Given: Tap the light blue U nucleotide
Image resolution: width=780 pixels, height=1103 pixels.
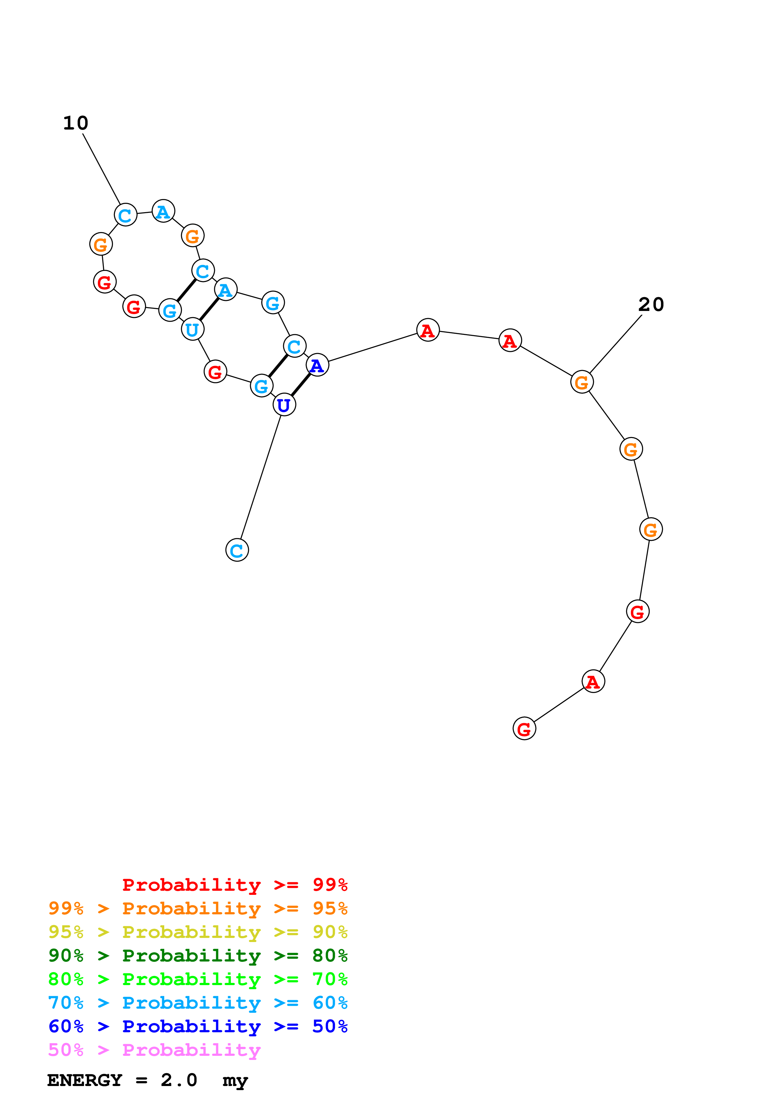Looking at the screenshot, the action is [192, 329].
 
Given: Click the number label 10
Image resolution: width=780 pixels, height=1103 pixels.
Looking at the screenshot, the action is [76, 123].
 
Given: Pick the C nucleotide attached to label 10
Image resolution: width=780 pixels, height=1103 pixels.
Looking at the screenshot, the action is [126, 215].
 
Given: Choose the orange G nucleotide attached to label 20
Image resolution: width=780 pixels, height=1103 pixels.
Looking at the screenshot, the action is [581, 382].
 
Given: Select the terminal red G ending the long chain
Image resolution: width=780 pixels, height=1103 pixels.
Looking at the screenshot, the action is [524, 729].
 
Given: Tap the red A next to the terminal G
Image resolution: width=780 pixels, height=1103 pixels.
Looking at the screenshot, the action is [593, 681].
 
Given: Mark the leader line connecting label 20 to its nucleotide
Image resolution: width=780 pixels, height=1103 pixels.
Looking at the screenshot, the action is [616, 344].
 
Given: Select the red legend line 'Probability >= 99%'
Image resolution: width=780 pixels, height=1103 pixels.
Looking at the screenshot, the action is [234, 884].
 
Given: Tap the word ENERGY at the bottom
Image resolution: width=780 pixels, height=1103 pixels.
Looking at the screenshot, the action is [85, 1080].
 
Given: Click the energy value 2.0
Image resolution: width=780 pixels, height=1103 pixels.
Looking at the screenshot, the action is [179, 1080].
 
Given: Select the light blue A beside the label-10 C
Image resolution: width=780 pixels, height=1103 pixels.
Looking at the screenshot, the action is [163, 211].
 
